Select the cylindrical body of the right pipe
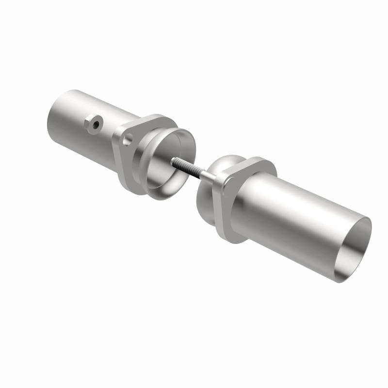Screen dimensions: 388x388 (x=296, y=218)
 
